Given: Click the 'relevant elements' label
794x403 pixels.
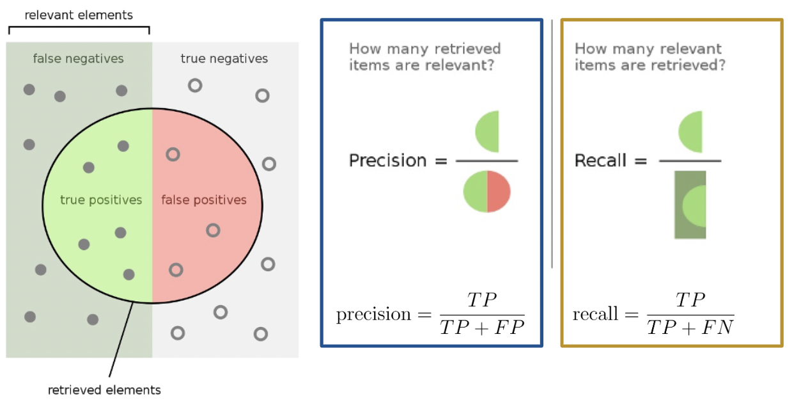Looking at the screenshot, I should (79, 14).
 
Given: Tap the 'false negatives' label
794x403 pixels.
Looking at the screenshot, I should (78, 59).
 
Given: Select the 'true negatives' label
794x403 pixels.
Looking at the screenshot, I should (224, 59).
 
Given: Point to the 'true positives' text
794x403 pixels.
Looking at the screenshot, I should (101, 200).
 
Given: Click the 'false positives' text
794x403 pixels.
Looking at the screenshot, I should (203, 200).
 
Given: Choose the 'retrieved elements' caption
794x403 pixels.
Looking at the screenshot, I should (104, 390).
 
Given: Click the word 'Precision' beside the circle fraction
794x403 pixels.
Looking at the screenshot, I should (387, 160).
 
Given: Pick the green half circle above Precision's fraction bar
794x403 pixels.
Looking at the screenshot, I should (488, 131).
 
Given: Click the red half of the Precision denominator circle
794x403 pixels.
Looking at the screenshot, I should (499, 191).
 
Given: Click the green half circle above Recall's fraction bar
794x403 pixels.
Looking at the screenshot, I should (692, 130).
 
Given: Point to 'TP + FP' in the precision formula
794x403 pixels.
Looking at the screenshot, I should (482, 328).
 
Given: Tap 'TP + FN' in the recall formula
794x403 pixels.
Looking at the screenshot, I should (690, 328).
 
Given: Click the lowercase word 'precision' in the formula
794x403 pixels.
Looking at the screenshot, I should (374, 315).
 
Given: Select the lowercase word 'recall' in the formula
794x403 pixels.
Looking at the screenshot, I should (596, 315).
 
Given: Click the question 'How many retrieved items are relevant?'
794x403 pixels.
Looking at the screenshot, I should (424, 57).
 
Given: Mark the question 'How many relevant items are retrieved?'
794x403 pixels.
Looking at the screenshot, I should (650, 57).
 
